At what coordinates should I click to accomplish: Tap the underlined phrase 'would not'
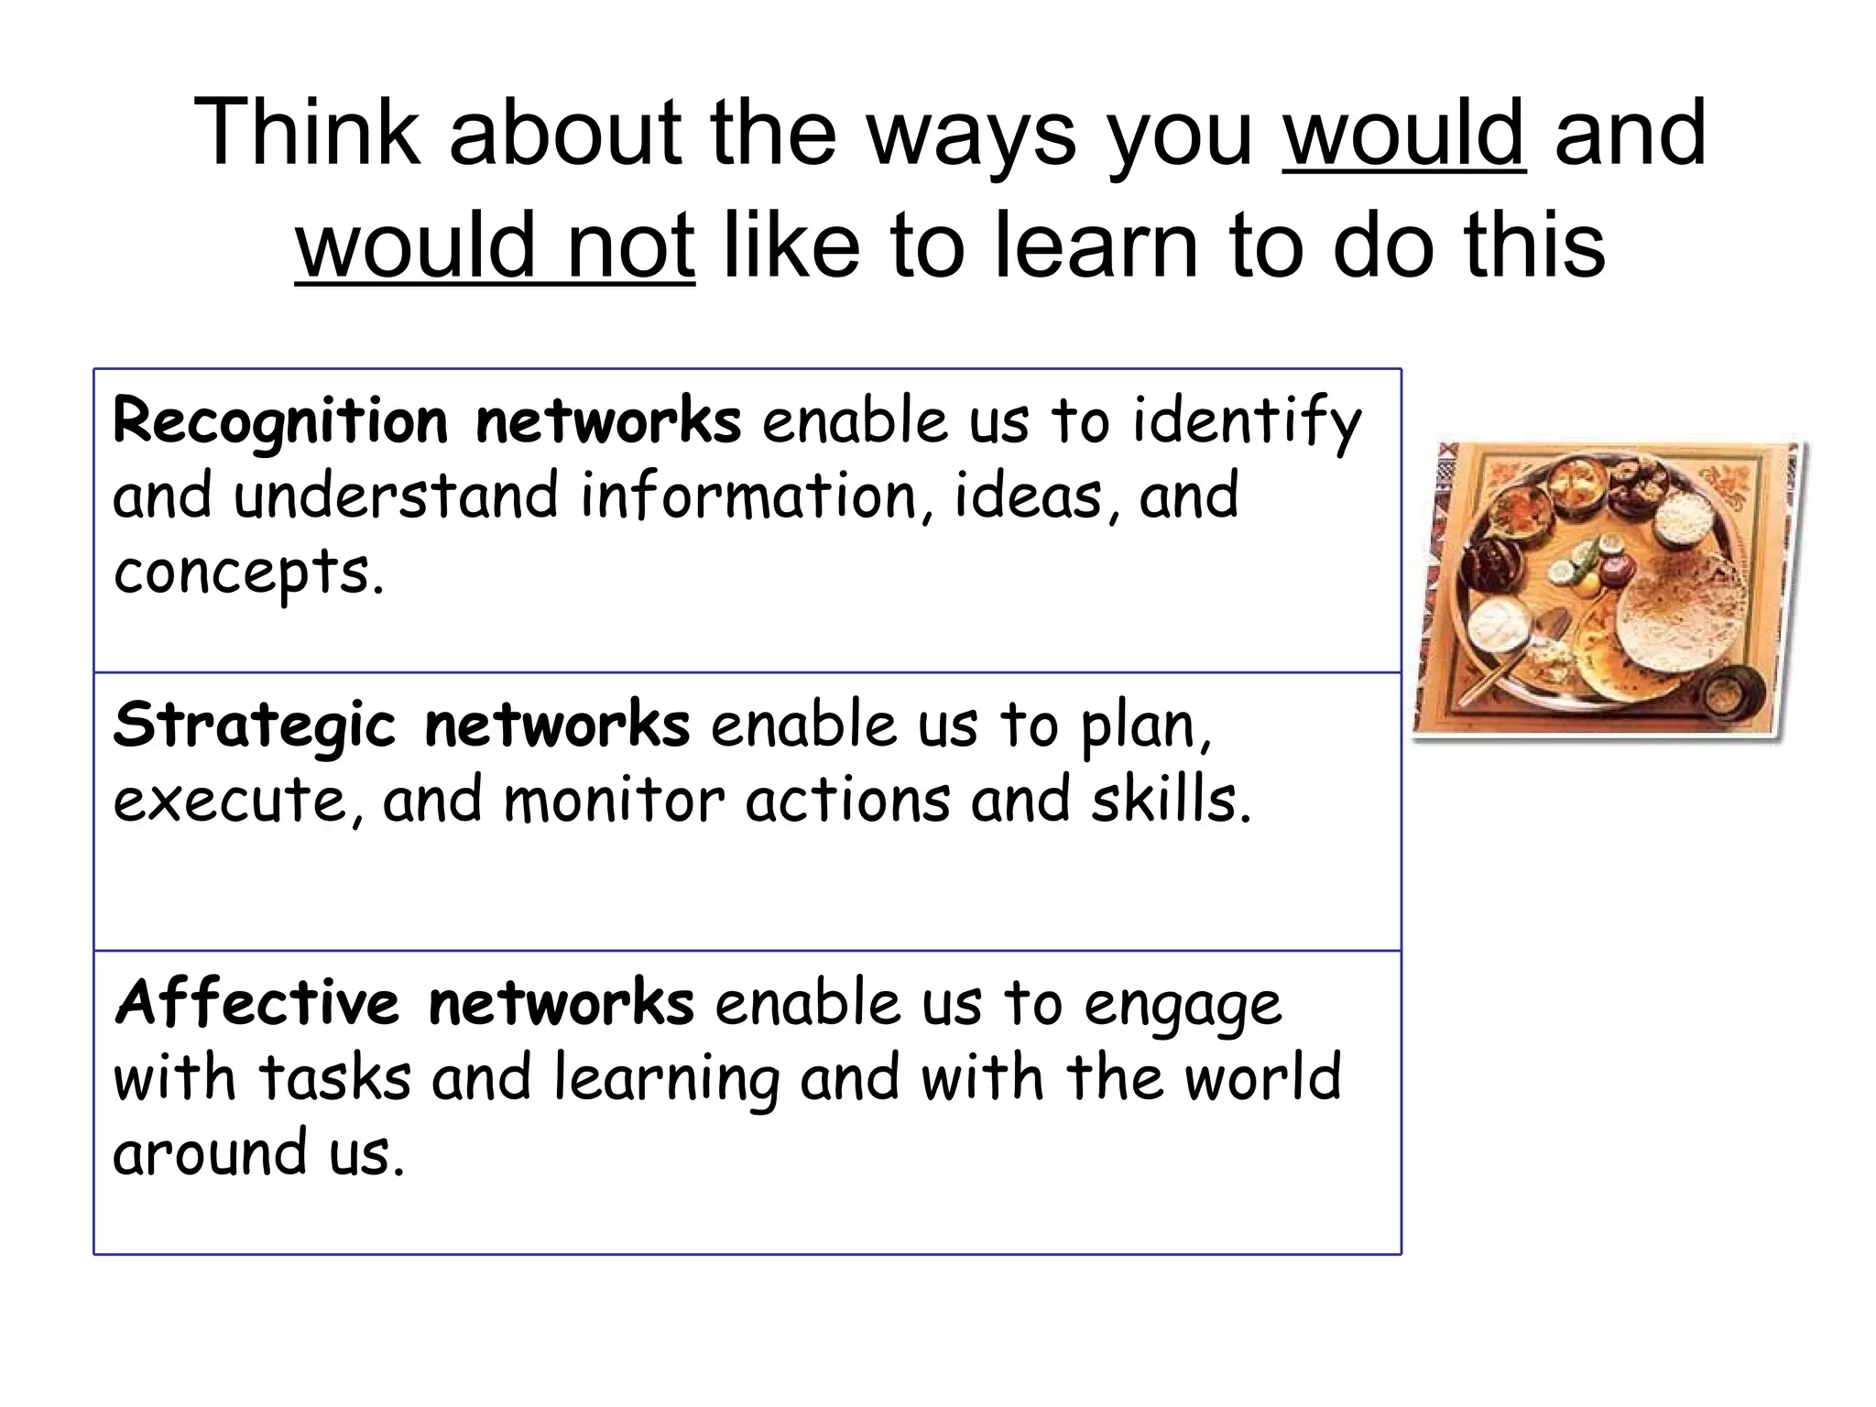coord(495,245)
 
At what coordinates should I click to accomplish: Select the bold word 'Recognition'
coord(280,423)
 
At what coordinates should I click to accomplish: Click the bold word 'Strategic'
coord(255,725)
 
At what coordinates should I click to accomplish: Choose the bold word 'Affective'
coord(257,1003)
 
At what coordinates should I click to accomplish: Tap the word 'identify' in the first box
coord(1247,423)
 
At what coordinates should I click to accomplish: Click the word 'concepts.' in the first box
coord(248,573)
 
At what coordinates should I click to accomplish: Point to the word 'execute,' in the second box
coord(237,800)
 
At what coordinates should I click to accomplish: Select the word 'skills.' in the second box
coord(1171,800)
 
